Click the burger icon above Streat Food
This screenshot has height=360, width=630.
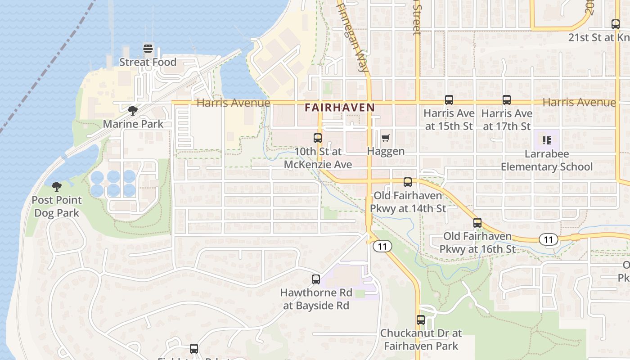[x=148, y=49]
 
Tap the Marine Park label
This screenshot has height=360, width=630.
[x=133, y=124]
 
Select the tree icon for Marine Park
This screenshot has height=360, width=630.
[x=132, y=110]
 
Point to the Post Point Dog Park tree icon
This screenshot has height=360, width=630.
[x=57, y=186]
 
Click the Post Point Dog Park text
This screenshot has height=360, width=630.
[x=57, y=207]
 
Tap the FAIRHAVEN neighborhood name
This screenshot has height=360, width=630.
[x=339, y=108]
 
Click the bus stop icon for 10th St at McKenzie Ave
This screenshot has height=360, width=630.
[x=318, y=138]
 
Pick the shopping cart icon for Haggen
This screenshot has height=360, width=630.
[x=386, y=138]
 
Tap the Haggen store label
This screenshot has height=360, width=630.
[x=386, y=151]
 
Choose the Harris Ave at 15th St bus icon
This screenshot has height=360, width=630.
[x=449, y=100]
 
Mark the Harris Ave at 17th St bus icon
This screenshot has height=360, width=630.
[x=507, y=100]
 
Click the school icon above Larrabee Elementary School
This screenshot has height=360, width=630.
[x=547, y=140]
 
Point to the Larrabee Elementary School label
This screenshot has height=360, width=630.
[x=547, y=160]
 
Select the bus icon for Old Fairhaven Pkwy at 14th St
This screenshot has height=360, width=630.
[x=408, y=182]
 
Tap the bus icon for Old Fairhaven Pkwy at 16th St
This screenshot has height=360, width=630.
[x=477, y=223]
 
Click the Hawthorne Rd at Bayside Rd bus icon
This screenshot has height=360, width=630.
[x=316, y=279]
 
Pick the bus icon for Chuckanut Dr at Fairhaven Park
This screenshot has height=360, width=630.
[x=421, y=320]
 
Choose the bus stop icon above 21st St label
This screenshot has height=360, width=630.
[x=616, y=24]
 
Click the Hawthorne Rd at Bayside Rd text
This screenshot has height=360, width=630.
[x=316, y=299]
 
